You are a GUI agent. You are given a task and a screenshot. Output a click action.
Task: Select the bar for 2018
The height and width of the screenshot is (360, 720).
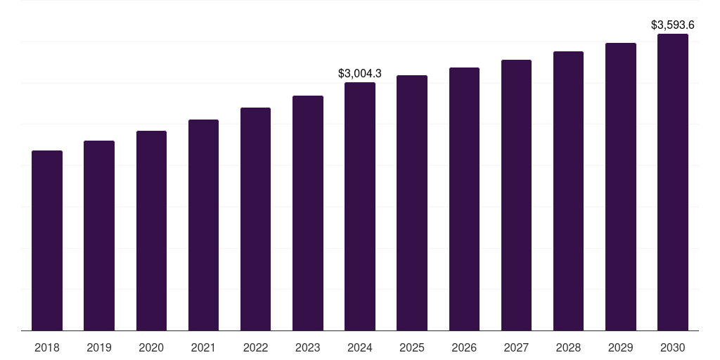point(47,240)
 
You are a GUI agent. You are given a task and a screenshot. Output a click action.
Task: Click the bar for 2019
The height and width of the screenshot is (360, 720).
point(99,236)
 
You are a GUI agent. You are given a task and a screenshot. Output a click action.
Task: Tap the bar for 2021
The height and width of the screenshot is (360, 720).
point(203,225)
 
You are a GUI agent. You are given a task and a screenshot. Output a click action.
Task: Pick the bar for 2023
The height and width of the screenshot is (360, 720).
point(308,213)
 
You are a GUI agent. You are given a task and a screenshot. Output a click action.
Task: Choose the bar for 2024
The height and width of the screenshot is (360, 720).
point(360,207)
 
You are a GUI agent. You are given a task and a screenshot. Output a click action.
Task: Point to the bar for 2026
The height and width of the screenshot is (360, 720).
point(464,199)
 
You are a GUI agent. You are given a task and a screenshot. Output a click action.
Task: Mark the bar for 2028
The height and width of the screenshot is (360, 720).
point(568,191)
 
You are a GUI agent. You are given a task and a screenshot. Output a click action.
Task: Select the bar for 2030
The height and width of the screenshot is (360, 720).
point(673,182)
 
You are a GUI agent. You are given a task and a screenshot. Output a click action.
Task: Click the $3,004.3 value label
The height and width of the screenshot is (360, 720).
point(360,73)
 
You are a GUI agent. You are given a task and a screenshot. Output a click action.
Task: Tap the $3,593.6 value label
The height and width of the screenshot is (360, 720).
point(673,25)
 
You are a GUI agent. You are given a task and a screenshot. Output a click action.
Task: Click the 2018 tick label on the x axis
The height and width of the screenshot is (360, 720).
point(47,347)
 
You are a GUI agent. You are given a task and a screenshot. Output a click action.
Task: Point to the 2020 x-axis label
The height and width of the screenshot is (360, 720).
point(151,347)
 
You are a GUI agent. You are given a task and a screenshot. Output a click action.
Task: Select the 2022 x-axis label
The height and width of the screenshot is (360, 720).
point(255,347)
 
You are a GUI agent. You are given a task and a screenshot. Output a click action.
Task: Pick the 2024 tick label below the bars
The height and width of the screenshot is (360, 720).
point(360,347)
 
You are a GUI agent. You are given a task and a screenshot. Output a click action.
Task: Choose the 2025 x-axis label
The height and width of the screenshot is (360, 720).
point(412,347)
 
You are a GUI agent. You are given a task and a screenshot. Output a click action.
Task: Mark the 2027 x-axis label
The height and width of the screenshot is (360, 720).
point(516,347)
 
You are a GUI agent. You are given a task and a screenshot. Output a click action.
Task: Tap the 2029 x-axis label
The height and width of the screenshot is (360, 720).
point(620,347)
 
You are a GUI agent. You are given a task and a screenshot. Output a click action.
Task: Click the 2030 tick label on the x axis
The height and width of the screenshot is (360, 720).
point(673,347)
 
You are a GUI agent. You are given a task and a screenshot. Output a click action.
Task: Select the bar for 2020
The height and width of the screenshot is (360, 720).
point(151,231)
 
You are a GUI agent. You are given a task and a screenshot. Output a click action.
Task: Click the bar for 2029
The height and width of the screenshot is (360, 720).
point(620,187)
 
